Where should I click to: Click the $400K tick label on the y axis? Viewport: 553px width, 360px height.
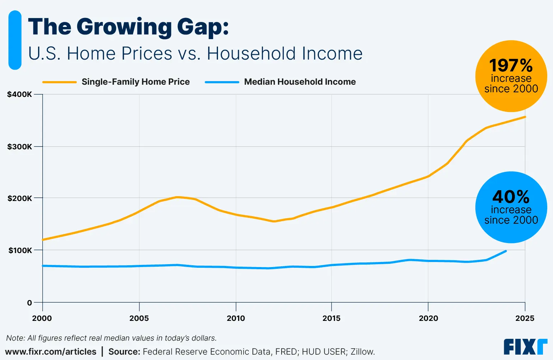click(19, 94)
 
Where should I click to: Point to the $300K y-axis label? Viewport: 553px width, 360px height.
click(19, 146)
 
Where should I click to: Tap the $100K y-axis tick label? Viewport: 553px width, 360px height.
click(20, 250)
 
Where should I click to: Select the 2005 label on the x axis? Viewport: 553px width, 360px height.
click(139, 318)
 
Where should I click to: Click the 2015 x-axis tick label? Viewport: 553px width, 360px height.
click(331, 318)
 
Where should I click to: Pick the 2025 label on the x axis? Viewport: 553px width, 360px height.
click(525, 318)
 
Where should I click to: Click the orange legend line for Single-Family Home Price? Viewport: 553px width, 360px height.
click(60, 82)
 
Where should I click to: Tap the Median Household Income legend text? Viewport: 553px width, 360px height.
click(300, 82)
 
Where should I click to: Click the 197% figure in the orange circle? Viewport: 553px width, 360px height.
click(511, 66)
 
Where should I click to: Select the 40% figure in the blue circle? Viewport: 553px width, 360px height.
click(511, 197)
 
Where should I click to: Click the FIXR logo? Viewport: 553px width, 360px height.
click(525, 347)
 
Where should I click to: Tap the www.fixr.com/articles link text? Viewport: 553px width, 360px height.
click(51, 352)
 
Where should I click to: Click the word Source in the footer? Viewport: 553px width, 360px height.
click(124, 352)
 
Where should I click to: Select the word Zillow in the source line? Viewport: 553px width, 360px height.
click(363, 352)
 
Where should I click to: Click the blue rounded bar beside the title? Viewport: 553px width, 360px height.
click(15, 40)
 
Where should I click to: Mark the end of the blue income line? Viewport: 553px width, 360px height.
click(506, 251)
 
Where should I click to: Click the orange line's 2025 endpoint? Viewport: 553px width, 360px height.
click(525, 117)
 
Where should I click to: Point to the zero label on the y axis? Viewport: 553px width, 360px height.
click(29, 303)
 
